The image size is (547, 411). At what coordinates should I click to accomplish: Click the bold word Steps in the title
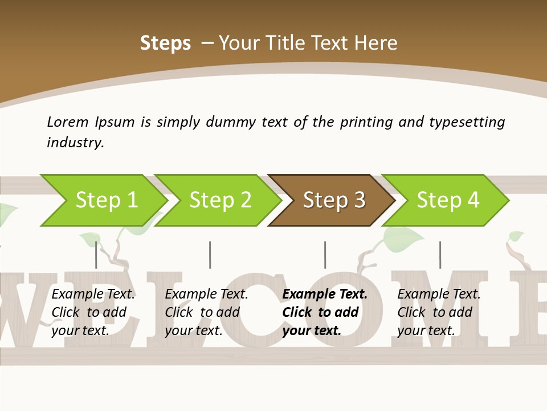pyautogui.click(x=165, y=43)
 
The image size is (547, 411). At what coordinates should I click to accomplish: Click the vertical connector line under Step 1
pyautogui.click(x=96, y=255)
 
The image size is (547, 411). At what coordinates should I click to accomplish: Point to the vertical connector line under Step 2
pyautogui.click(x=210, y=255)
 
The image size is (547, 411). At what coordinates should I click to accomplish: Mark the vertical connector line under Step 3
pyautogui.click(x=325, y=255)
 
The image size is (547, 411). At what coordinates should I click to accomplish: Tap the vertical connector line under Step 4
pyautogui.click(x=440, y=255)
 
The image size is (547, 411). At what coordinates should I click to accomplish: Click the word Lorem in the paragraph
pyautogui.click(x=68, y=122)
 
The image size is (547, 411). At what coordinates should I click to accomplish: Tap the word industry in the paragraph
pyautogui.click(x=75, y=143)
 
